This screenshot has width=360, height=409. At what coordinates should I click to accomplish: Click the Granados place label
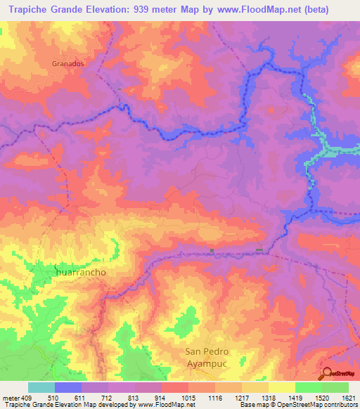pos(68,63)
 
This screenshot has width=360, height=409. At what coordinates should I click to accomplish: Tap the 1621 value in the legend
pos(348,397)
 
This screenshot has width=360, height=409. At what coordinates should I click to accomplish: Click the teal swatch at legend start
pos(41,387)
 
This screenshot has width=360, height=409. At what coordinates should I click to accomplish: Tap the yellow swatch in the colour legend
pos(281,387)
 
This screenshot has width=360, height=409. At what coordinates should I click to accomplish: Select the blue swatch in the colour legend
pos(67,387)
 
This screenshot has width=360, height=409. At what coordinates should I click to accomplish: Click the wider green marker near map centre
pos(259,249)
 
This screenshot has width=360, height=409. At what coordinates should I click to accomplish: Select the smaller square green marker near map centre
pos(212,249)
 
